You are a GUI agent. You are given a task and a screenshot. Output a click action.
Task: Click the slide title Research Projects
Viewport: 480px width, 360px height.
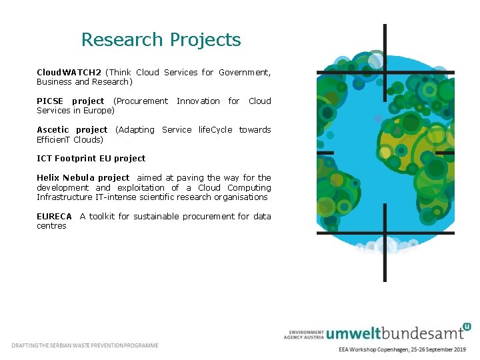(161, 40)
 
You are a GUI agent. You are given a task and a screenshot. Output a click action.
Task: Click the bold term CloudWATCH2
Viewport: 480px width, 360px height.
(69, 73)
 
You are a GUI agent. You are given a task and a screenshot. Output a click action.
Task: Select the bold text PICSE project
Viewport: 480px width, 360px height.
(70, 101)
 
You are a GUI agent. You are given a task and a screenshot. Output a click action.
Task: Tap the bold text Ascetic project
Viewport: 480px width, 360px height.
(72, 130)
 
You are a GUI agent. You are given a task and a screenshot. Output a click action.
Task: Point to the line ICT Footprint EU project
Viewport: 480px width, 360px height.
(91, 159)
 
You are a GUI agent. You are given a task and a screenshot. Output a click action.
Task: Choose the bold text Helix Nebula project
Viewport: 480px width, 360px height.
(83, 178)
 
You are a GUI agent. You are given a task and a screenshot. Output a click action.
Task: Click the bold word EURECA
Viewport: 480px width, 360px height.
(54, 217)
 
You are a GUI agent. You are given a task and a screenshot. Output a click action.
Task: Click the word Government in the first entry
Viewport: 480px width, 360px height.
(244, 73)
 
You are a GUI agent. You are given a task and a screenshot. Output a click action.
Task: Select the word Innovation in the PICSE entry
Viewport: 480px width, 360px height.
(198, 101)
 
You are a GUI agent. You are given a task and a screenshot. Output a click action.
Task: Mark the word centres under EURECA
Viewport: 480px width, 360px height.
(51, 226)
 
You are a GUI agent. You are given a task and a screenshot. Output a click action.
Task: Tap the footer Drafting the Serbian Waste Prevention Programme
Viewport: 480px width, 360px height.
(85, 345)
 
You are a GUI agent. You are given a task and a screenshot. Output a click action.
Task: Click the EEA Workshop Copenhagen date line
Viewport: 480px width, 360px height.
(402, 349)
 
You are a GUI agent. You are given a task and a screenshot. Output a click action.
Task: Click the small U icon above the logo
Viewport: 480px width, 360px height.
(467, 327)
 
